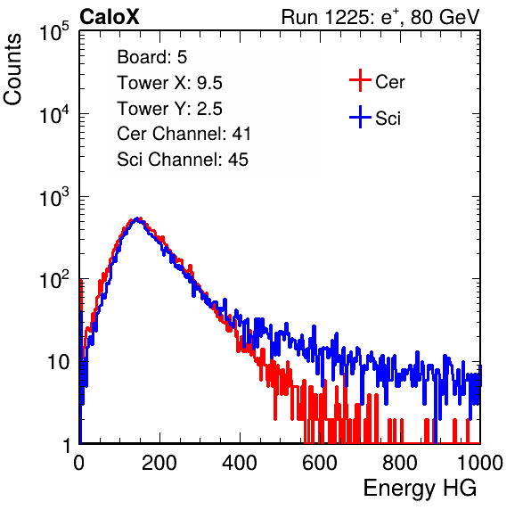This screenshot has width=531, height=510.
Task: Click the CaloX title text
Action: click(x=109, y=17)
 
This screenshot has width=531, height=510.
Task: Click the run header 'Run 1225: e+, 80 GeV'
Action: click(x=380, y=17)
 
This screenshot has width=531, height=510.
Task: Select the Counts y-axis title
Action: click(x=12, y=69)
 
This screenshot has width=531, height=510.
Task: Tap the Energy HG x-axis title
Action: click(x=420, y=488)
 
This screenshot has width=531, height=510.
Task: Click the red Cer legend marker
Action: click(x=360, y=80)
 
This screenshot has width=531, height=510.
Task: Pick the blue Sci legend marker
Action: click(x=360, y=117)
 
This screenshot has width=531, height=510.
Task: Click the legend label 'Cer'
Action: click(x=389, y=82)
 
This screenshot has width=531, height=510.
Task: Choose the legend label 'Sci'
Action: click(x=388, y=119)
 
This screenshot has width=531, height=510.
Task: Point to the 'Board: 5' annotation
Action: click(x=152, y=57)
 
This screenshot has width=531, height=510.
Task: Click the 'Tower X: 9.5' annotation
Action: click(x=169, y=83)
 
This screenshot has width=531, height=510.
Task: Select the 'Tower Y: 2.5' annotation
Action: click(x=169, y=109)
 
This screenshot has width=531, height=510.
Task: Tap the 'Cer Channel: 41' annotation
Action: click(x=184, y=134)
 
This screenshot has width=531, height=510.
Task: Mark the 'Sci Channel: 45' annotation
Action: click(x=183, y=160)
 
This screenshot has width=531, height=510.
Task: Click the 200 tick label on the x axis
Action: click(x=159, y=463)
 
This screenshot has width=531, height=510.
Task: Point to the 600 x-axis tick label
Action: click(x=320, y=463)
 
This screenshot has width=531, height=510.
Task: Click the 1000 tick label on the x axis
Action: click(x=480, y=463)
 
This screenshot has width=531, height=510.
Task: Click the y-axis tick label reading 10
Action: click(x=58, y=362)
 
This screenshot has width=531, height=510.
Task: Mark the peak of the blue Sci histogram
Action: click(x=137, y=218)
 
